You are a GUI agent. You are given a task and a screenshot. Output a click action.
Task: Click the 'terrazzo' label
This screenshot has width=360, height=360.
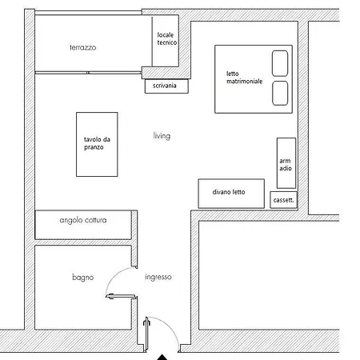point(82,48)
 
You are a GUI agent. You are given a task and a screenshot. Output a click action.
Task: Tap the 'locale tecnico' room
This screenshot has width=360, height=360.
point(166,42)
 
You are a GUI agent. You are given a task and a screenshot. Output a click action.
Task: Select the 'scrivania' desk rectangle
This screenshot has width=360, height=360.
point(166,86)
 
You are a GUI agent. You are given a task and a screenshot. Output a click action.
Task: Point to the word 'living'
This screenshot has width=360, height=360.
point(162,136)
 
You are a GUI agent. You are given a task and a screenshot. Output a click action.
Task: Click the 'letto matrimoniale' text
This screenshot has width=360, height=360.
point(244,78)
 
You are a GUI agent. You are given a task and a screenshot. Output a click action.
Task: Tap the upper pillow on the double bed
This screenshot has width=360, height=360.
point(280,63)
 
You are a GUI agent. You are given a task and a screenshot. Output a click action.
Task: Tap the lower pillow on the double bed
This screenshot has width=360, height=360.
point(280,93)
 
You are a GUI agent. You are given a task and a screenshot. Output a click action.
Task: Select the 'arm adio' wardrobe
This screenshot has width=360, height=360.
point(286,164)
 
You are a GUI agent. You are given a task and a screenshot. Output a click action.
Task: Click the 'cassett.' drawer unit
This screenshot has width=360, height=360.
point(283,199)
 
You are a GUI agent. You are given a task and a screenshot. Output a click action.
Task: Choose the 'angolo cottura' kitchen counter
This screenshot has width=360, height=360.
point(83,220)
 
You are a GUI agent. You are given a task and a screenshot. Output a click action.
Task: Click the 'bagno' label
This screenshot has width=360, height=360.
point(82,278)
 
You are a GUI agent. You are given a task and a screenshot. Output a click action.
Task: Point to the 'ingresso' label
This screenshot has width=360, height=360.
point(158,278)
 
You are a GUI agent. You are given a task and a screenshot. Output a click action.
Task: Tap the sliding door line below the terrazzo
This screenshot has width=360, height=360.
point(88,71)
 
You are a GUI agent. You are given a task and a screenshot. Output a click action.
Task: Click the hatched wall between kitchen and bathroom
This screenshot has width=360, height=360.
point(83,242)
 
